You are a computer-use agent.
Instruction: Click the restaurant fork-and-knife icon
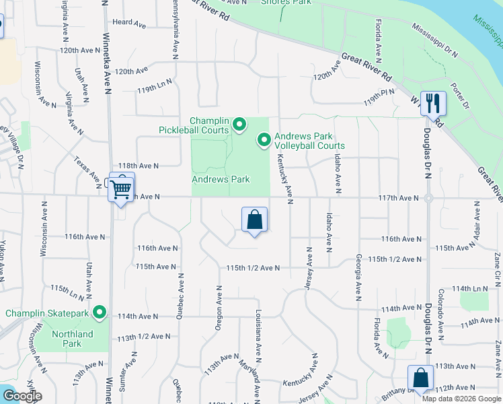click(x=433, y=104)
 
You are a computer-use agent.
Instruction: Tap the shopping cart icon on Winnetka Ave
click(x=121, y=189)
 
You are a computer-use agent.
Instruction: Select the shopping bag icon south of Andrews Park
click(x=254, y=220)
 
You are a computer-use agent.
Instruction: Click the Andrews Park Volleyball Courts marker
click(x=264, y=140)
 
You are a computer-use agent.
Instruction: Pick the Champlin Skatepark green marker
click(x=100, y=312)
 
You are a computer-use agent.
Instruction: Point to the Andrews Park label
click(x=221, y=180)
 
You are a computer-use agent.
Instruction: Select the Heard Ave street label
click(x=130, y=24)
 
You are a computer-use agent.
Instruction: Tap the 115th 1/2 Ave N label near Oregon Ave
click(x=252, y=268)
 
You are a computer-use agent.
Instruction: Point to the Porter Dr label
click(x=460, y=96)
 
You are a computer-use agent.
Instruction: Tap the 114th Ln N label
click(x=471, y=288)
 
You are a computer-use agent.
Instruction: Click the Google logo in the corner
click(x=23, y=396)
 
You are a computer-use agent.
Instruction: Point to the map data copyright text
click(x=461, y=399)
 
